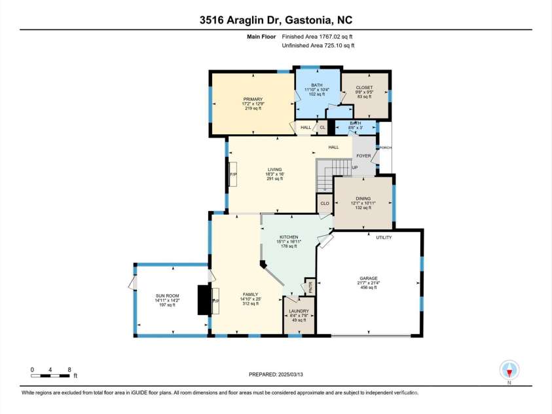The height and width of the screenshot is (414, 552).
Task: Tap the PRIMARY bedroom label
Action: click(x=253, y=100)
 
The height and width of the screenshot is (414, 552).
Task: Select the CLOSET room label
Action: click(x=364, y=87)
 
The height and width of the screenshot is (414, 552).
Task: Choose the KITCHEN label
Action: click(x=289, y=237)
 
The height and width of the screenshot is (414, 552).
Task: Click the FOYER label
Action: click(x=363, y=156)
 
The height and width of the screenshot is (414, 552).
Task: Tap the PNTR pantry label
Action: click(x=310, y=286)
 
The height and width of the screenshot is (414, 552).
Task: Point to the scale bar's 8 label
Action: click(x=69, y=369)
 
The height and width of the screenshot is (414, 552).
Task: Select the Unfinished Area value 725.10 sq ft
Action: click(x=325, y=45)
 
